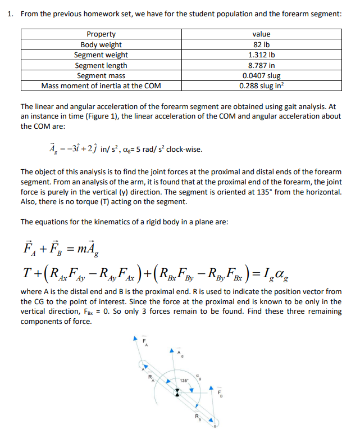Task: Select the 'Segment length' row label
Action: (x=101, y=65)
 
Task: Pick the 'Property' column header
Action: (x=101, y=34)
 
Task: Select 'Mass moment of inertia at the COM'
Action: (x=101, y=86)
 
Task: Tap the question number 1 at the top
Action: (x=11, y=13)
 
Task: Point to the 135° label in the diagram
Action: (x=184, y=381)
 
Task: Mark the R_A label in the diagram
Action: (x=151, y=378)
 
